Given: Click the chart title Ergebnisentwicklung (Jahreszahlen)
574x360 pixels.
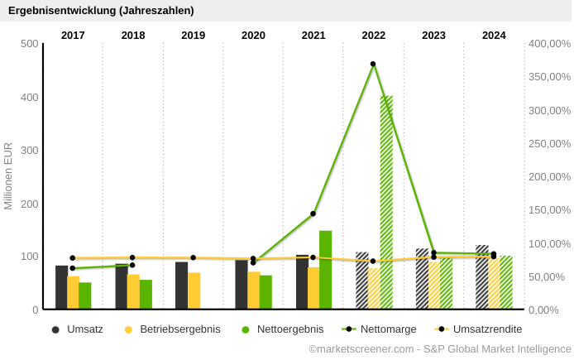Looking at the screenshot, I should (x=101, y=11).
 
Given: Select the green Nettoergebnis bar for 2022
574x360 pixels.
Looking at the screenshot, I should (x=386, y=203).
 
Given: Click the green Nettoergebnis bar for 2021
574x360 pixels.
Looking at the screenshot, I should (x=325, y=270).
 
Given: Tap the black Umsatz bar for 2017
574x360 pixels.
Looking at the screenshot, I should (x=61, y=287).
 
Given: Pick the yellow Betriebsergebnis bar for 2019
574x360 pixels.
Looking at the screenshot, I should (x=194, y=290).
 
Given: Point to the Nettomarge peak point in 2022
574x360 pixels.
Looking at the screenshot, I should (x=373, y=64).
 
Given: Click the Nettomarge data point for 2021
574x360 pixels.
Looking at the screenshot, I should (x=313, y=214).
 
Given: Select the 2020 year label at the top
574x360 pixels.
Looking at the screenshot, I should (x=253, y=35).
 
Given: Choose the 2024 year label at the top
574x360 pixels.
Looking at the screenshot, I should (x=494, y=35).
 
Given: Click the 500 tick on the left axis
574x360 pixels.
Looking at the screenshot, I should (x=29, y=44).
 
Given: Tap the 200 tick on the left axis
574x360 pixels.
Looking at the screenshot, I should (x=29, y=204).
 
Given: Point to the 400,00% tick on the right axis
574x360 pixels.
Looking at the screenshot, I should (x=549, y=44).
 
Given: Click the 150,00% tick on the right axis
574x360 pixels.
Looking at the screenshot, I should (x=549, y=210).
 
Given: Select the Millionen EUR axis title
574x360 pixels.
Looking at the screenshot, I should (x=8, y=176).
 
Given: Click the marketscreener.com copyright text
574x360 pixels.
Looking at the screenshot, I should (x=439, y=349).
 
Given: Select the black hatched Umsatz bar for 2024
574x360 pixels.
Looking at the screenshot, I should (x=482, y=277).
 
